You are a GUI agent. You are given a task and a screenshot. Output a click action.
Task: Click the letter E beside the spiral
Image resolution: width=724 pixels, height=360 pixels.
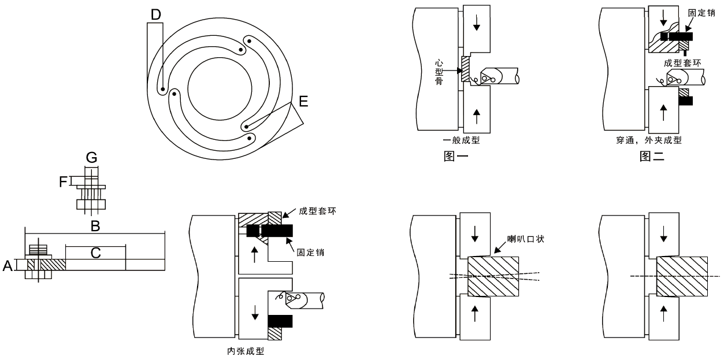point(303,103)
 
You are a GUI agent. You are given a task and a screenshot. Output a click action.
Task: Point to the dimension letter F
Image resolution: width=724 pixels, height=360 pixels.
point(64,181)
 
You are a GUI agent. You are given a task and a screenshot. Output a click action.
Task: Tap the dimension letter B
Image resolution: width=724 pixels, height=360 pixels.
point(95,225)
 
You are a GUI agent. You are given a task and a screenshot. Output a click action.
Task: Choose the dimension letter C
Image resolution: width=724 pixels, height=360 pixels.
point(96,253)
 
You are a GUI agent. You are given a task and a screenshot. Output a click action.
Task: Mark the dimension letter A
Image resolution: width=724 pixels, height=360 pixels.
point(8,265)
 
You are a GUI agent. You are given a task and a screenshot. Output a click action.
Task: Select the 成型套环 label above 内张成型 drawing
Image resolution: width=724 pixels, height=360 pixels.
point(318,211)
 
